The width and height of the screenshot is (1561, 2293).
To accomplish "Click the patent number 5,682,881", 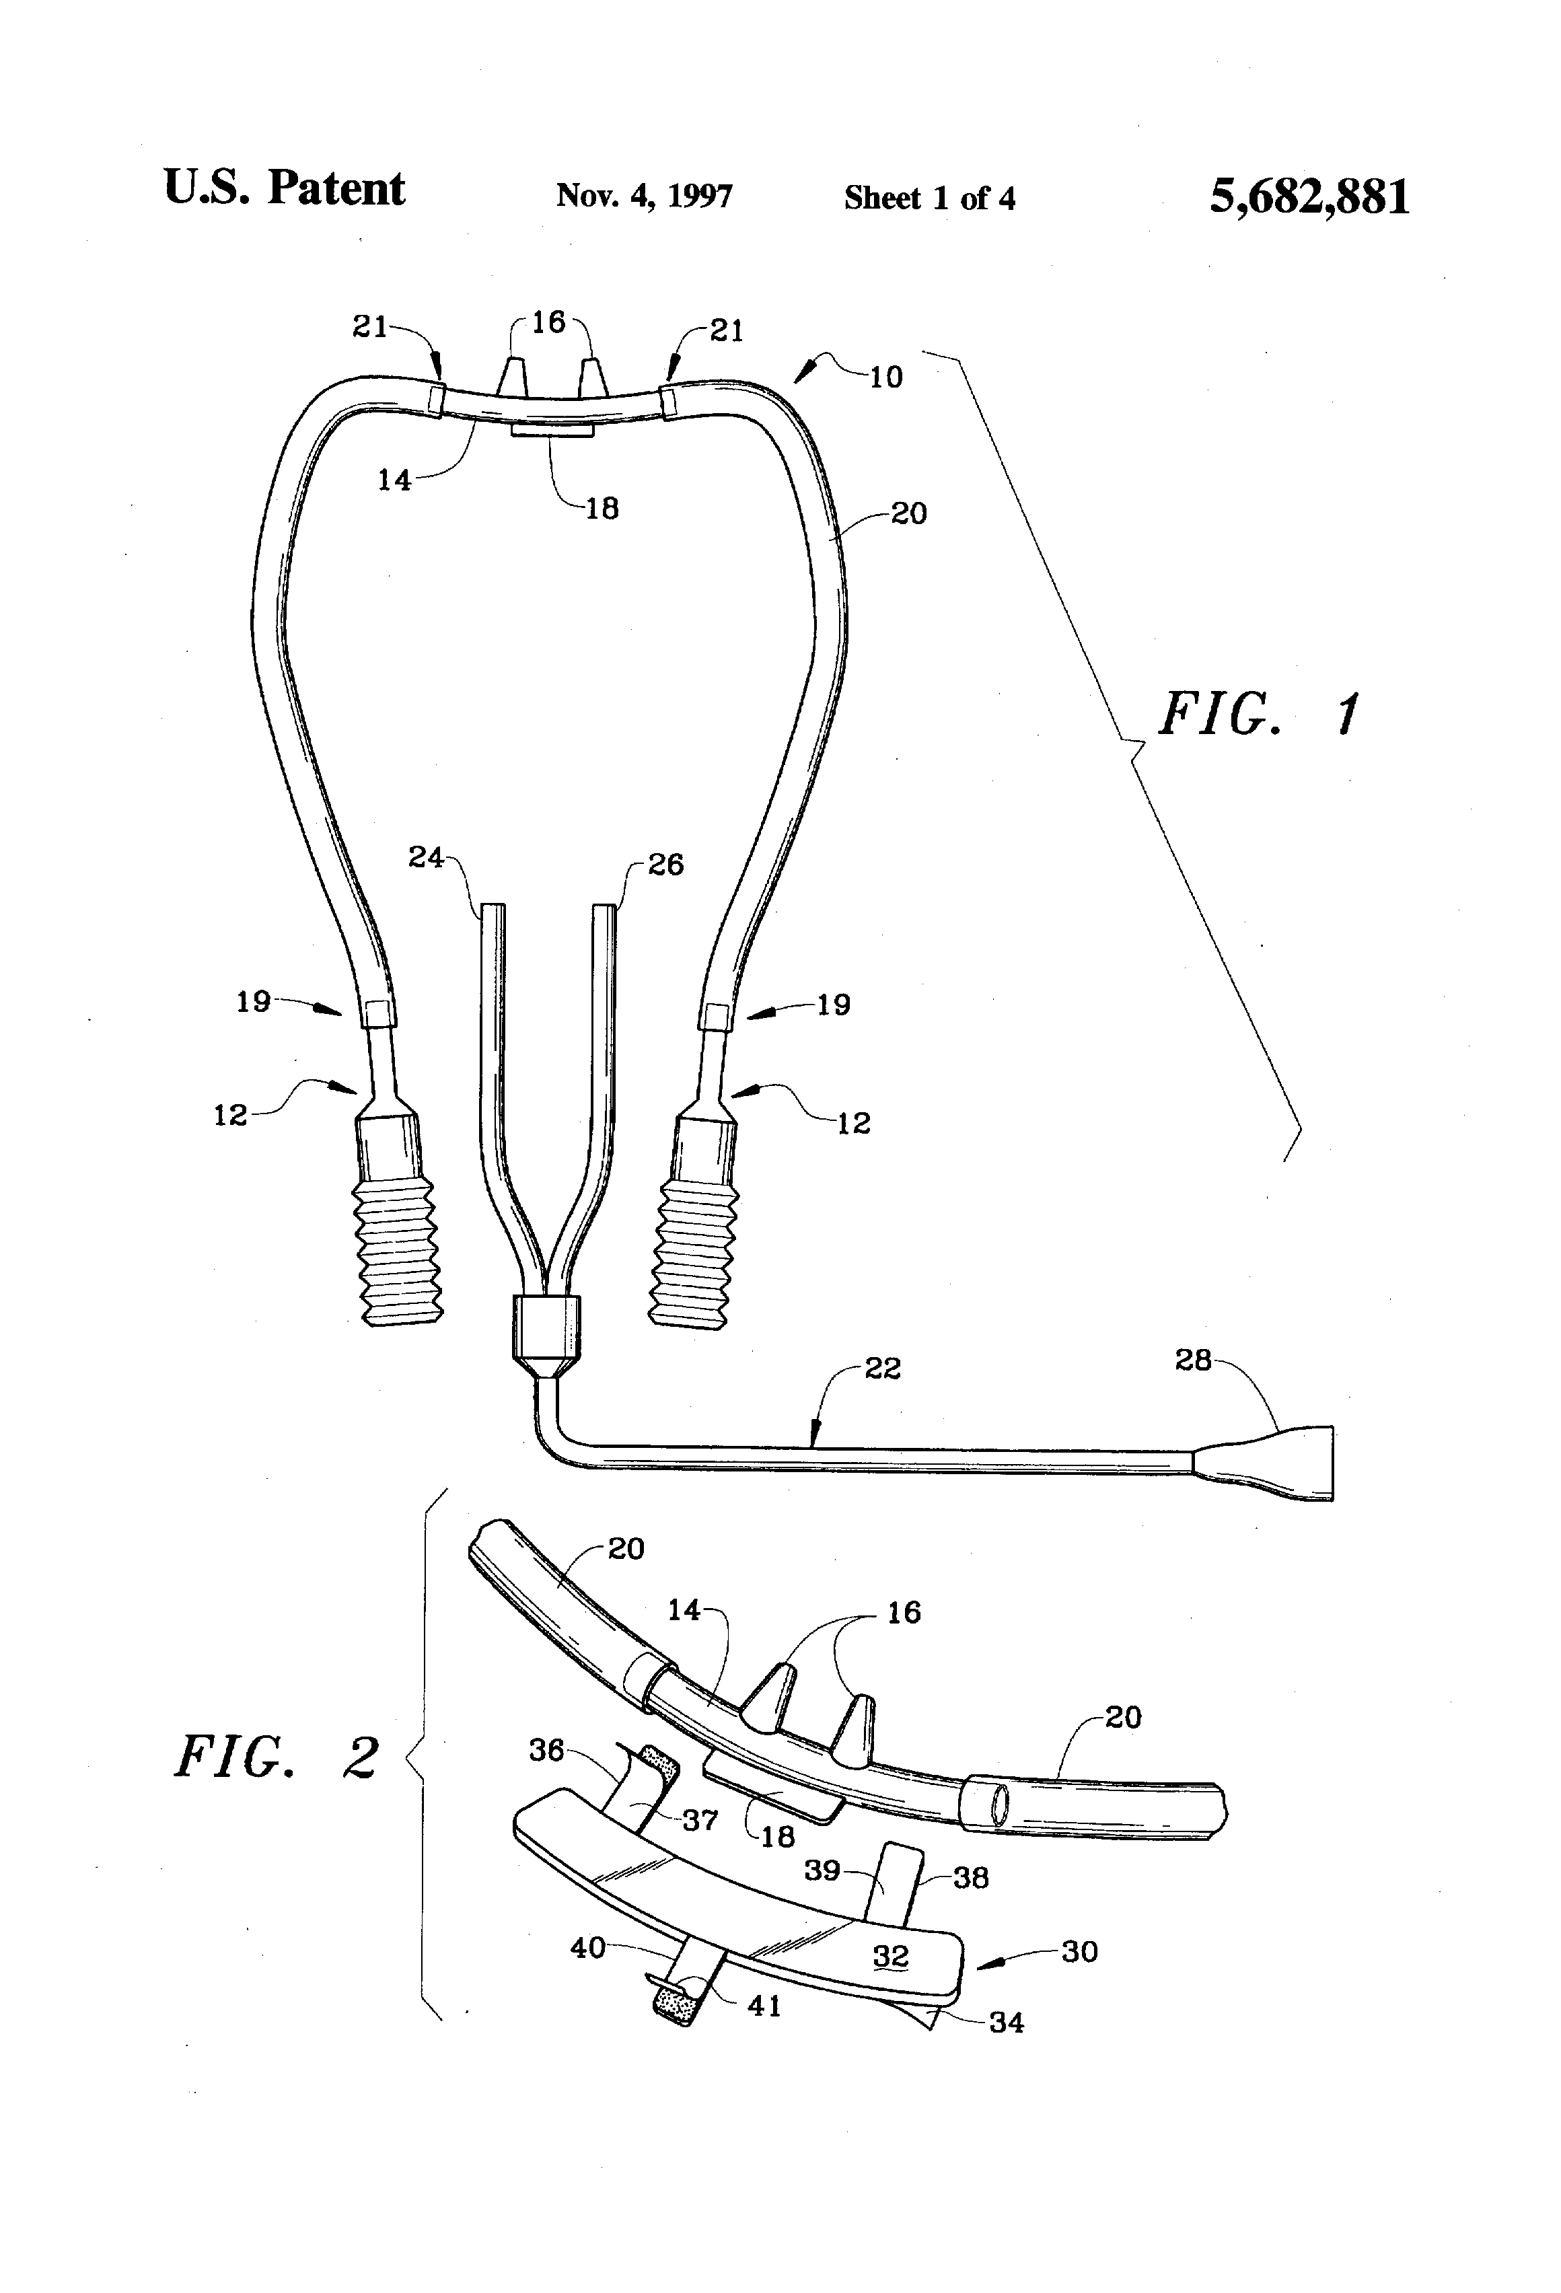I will click(1309, 196).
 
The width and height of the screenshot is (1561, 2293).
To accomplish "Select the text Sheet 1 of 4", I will click(929, 198).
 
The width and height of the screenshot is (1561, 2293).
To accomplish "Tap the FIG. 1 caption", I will click(1261, 715).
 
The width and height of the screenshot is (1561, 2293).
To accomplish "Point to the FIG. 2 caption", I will click(277, 1757).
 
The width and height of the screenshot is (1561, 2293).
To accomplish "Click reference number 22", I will click(881, 1369).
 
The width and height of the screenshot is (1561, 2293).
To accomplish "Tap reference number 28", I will click(1193, 1360).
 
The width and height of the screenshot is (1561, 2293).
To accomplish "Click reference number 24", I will click(427, 857).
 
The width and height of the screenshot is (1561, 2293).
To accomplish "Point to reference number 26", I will click(665, 865).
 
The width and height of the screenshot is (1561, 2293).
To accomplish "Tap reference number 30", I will click(1079, 1952).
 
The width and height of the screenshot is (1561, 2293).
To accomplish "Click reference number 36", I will click(546, 1750).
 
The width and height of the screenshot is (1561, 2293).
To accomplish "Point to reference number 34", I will click(1005, 2022).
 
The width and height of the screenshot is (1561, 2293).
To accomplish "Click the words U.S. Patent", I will click(284, 188).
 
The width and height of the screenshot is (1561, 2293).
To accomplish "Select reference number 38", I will click(970, 1878).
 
